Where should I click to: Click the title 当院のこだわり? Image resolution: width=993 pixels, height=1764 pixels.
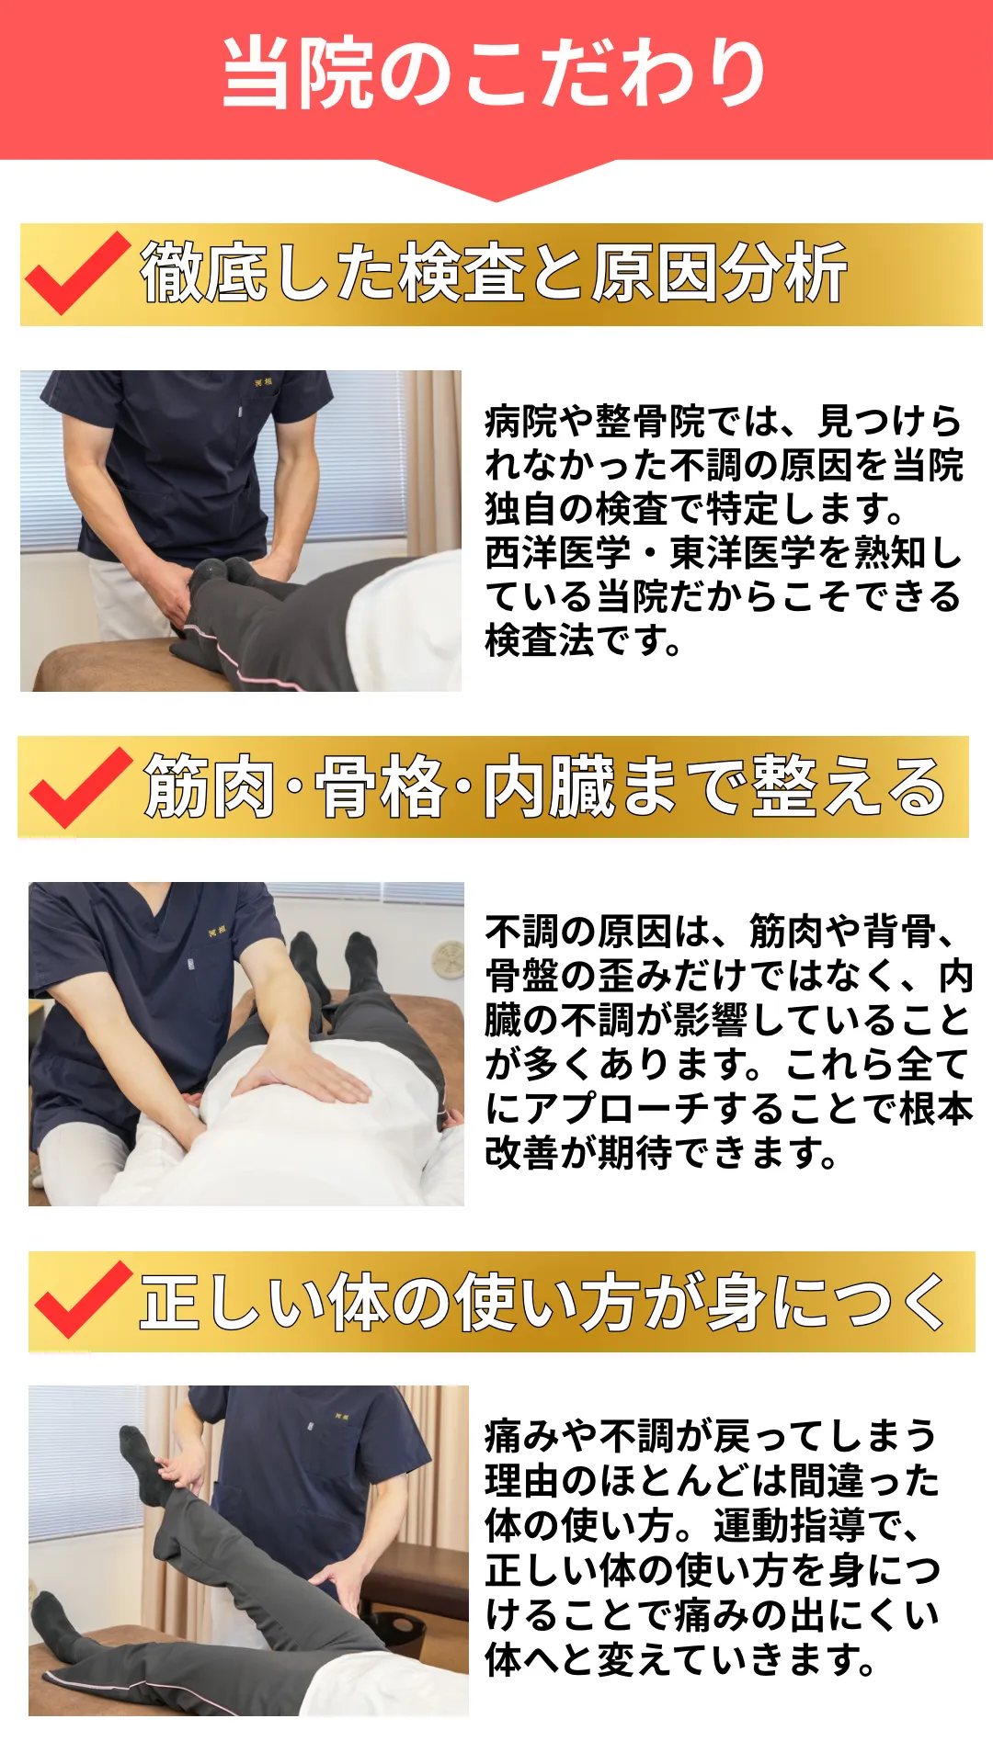pos(495,73)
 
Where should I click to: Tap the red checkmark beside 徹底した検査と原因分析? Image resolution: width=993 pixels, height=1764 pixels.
pos(77,273)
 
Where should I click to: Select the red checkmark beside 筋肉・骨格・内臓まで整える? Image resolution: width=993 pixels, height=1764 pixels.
pos(81,786)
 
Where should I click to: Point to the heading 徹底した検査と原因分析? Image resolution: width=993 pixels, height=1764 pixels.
pos(494,273)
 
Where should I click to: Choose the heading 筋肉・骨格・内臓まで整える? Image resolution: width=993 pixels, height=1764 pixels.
pos(544,786)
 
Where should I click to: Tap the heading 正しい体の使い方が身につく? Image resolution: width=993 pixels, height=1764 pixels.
pos(543,1301)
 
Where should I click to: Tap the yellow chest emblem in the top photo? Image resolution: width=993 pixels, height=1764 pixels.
pos(264,381)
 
